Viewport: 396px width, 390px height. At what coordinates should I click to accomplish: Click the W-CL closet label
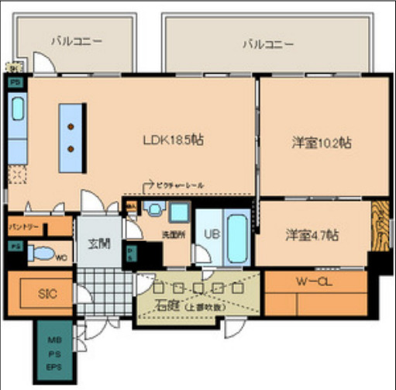(x=315, y=282)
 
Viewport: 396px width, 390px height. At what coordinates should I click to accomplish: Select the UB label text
(x=209, y=233)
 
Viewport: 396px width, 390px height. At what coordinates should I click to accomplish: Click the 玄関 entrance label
(x=98, y=243)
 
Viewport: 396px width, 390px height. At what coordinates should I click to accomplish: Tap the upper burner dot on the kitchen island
(x=71, y=126)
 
